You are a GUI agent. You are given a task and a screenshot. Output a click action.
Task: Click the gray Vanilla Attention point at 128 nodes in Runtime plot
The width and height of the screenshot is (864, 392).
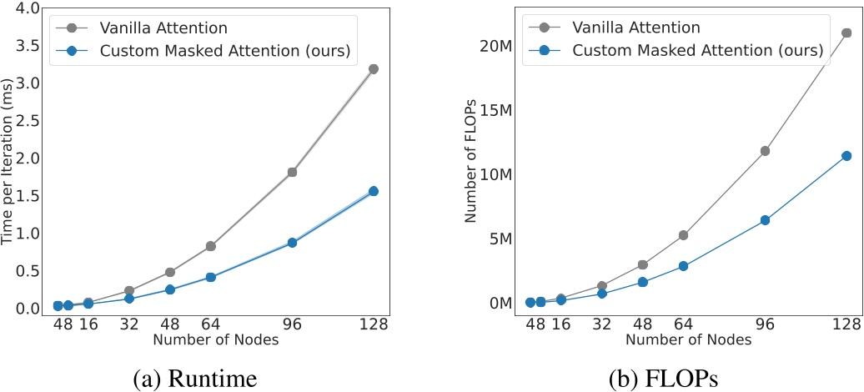[374, 69]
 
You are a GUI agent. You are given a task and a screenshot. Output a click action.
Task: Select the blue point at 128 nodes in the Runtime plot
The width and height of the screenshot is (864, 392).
[374, 191]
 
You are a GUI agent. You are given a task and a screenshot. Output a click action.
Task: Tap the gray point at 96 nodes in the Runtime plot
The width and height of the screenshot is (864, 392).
[293, 173]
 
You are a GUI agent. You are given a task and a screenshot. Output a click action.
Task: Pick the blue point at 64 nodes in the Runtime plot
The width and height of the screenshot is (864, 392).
[211, 277]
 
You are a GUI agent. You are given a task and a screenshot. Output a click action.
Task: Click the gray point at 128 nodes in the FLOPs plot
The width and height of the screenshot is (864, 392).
[846, 33]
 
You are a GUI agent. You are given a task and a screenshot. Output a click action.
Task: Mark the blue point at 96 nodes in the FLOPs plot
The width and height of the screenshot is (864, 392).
[765, 220]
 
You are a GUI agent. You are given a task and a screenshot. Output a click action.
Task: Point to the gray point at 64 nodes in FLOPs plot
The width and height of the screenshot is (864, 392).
[683, 235]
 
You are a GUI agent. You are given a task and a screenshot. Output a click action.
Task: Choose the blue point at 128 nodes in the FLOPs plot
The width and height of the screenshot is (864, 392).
[846, 156]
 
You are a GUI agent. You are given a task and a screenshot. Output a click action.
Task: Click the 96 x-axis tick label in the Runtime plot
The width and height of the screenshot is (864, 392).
[293, 324]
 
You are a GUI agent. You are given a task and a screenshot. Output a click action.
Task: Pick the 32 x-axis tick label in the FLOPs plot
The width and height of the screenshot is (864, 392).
[601, 324]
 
